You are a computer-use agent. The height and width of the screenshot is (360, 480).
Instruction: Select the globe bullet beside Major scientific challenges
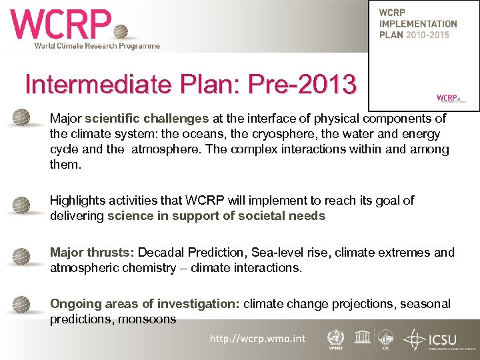22,117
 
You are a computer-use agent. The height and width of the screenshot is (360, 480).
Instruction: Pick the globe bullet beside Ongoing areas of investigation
22,304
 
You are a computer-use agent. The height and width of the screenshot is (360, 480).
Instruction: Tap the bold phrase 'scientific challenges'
147,119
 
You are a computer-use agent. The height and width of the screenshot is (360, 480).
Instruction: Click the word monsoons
147,319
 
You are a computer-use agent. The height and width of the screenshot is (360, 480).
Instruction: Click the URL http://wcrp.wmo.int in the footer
257,339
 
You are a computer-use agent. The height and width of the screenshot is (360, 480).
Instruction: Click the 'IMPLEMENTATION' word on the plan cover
418,24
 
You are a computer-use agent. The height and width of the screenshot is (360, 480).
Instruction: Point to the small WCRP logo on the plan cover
448,97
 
